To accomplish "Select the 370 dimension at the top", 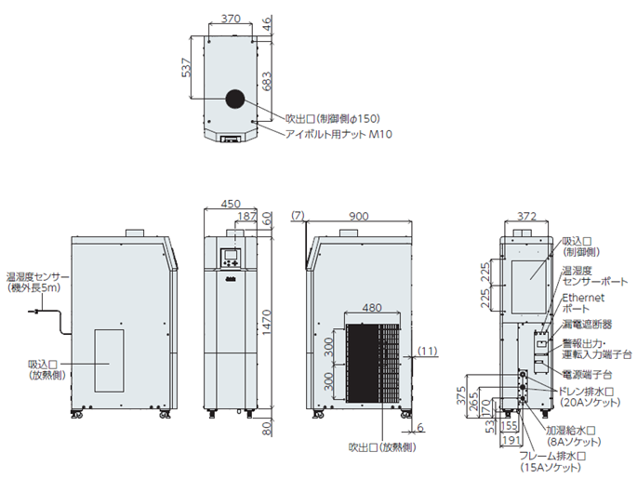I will click(231, 18).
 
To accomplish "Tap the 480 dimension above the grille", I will click(371, 308).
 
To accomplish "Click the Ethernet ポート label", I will click(583, 302).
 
